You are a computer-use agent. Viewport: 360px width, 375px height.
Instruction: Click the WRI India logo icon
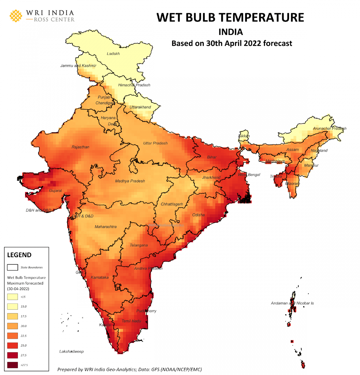pyautogui.click(x=16, y=16)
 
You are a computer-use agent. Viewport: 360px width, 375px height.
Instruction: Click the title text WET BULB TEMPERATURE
pyautogui.click(x=230, y=17)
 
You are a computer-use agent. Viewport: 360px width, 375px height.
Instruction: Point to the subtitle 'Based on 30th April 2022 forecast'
pyautogui.click(x=232, y=43)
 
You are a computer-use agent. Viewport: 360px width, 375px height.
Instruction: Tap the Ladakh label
pyautogui.click(x=113, y=54)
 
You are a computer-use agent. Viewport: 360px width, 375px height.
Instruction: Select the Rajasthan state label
pyautogui.click(x=80, y=147)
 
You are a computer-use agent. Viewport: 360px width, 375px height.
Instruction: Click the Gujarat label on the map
pyautogui.click(x=55, y=191)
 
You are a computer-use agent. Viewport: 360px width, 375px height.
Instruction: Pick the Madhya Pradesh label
pyautogui.click(x=130, y=181)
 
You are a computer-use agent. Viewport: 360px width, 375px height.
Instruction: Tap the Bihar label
pyautogui.click(x=212, y=157)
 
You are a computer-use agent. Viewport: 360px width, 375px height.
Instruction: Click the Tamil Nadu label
pyautogui.click(x=131, y=321)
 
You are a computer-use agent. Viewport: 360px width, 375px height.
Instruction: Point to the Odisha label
pyautogui.click(x=198, y=215)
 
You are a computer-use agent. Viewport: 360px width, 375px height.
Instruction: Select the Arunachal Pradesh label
pyautogui.click(x=329, y=128)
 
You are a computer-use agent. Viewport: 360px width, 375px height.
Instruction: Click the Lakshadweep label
pyautogui.click(x=72, y=352)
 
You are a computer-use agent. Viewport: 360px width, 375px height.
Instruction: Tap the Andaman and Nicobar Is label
pyautogui.click(x=292, y=303)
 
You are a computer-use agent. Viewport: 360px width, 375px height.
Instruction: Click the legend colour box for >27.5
pyautogui.click(x=12, y=365)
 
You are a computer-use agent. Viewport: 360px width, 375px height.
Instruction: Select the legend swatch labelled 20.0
pyautogui.click(x=12, y=326)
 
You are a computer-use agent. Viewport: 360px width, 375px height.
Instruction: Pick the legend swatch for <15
pyautogui.click(x=12, y=297)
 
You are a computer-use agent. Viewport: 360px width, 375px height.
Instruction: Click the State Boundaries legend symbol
pyautogui.click(x=12, y=267)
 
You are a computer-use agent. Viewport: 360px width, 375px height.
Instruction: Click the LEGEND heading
pyautogui.click(x=19, y=255)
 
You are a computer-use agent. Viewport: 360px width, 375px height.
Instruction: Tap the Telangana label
pyautogui.click(x=138, y=245)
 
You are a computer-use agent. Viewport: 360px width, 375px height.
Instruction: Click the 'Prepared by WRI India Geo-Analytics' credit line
pyautogui.click(x=129, y=369)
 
